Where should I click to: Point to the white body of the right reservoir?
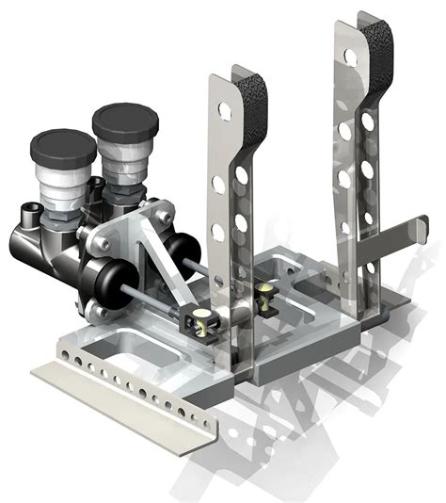pyautogui.click(x=124, y=160)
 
